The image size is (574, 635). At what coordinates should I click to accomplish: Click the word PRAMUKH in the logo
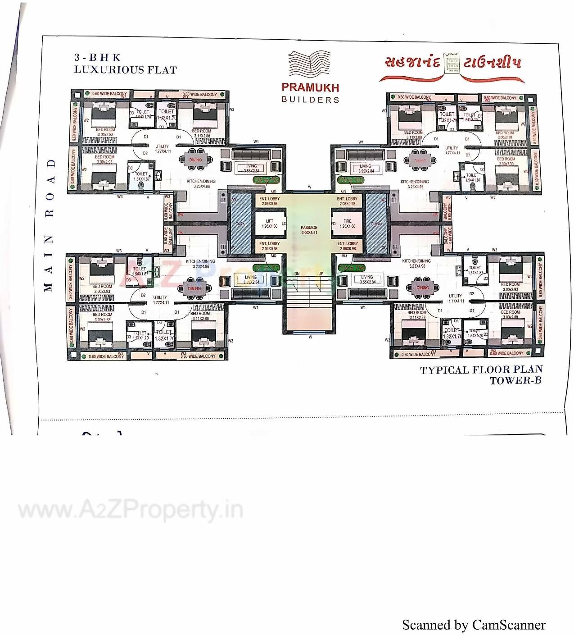(x=310, y=87)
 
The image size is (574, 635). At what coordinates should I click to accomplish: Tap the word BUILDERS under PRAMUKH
(x=310, y=100)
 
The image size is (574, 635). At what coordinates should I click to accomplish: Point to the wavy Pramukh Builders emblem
(x=309, y=65)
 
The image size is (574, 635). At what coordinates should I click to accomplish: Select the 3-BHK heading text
(x=98, y=58)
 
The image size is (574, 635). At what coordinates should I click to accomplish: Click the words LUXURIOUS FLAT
(x=126, y=70)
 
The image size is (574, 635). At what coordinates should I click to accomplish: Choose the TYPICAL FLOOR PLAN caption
(x=481, y=370)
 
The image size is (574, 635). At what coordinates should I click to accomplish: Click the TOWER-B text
(x=515, y=380)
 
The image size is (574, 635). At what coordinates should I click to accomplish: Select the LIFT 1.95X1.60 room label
(x=270, y=224)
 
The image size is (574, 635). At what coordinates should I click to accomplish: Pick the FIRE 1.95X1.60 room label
(x=347, y=224)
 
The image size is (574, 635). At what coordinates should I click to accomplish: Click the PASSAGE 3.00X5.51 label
(x=309, y=230)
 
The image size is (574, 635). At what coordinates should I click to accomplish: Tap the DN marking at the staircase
(x=297, y=274)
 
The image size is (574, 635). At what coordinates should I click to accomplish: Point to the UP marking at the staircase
(x=321, y=274)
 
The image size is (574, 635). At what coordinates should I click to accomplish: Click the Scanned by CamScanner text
(x=474, y=625)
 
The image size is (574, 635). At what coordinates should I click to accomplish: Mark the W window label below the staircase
(x=310, y=337)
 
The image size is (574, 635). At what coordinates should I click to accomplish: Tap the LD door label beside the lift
(x=284, y=224)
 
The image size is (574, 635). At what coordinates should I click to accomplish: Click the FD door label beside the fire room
(x=334, y=224)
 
